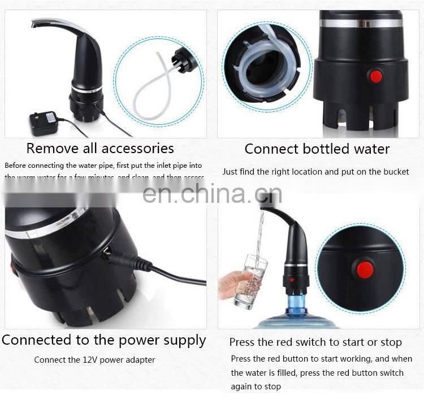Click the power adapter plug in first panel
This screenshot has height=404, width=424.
[44, 123]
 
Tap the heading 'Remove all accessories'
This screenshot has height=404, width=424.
[100, 149]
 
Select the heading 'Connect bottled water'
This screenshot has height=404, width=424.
[317, 149]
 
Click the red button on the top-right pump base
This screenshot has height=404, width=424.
[375, 76]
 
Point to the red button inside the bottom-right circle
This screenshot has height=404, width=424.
[365, 270]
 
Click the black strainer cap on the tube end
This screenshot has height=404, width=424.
[185, 60]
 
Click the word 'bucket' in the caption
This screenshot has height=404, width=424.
[394, 172]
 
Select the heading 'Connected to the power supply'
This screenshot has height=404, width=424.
[104, 341]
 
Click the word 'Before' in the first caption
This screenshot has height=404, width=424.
[18, 166]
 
